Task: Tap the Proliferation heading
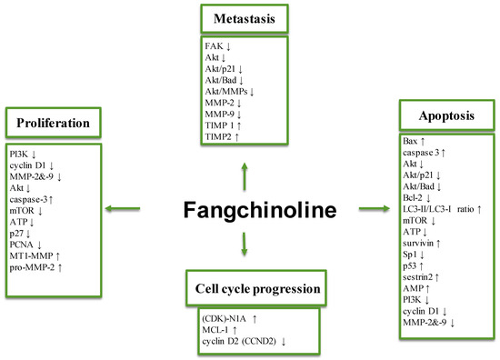coord(53,121)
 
